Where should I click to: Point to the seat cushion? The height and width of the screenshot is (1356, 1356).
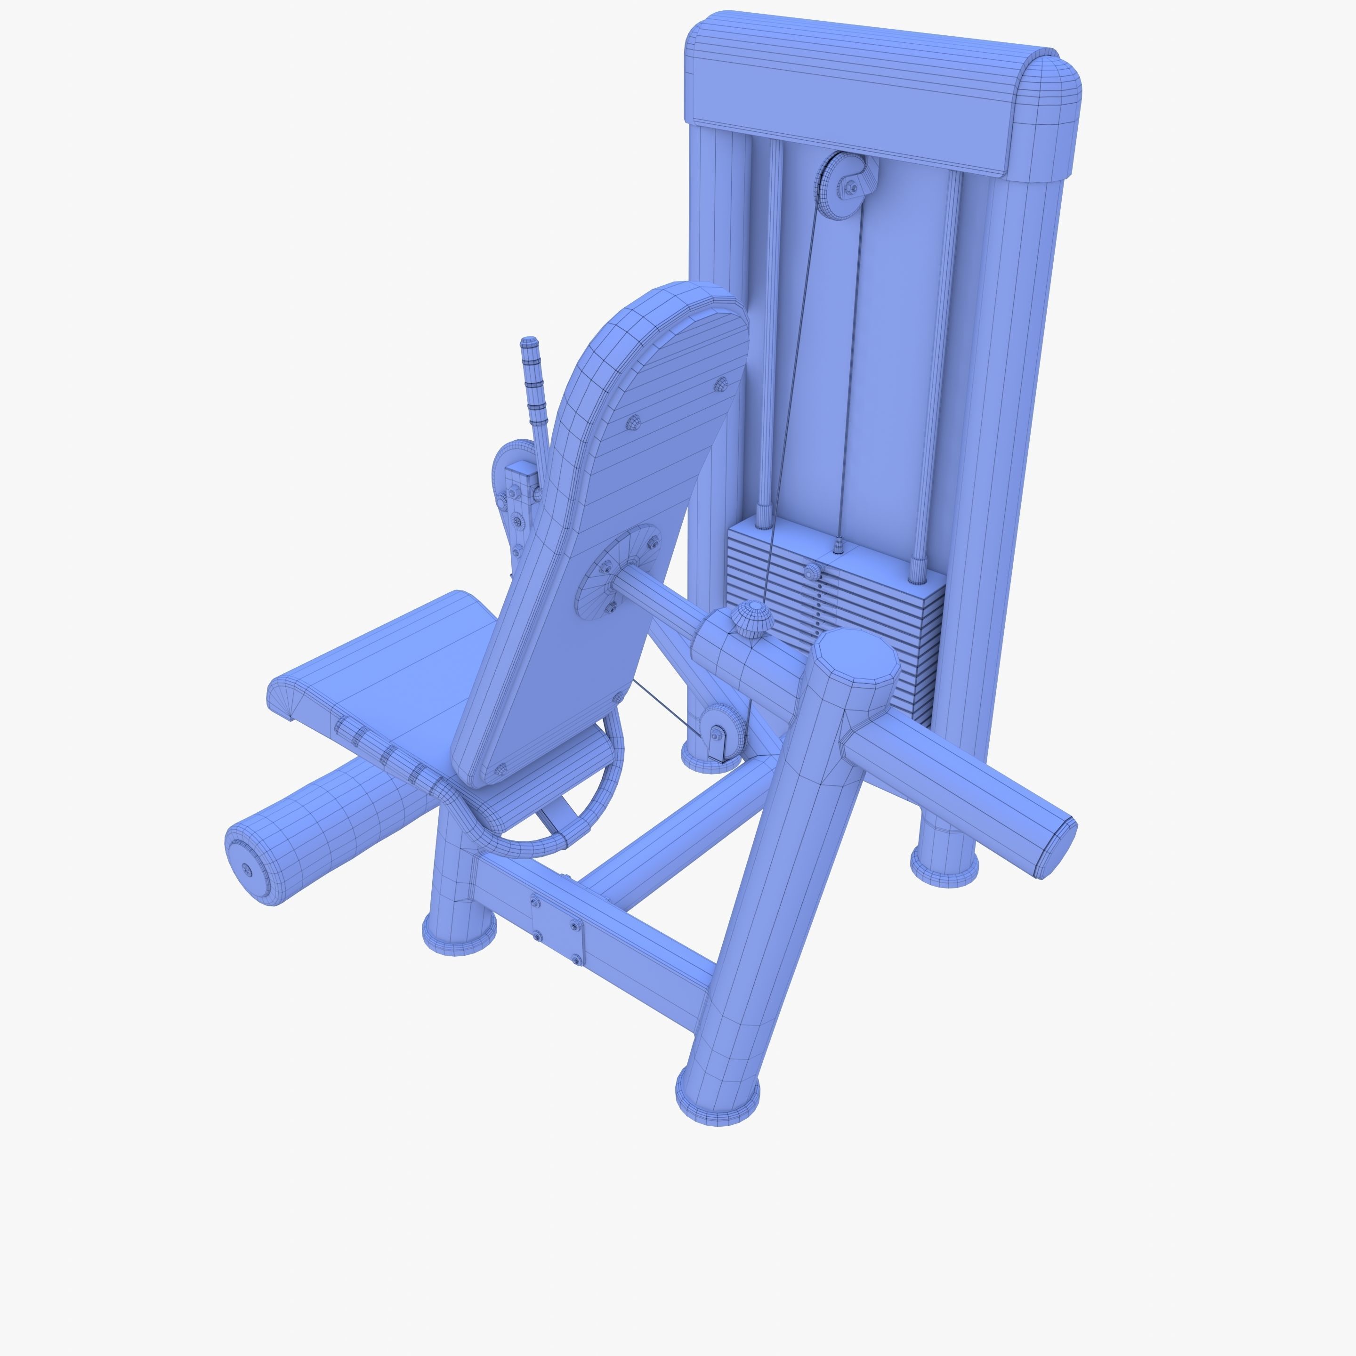[393, 674]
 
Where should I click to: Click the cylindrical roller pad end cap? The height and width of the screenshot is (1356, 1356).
[247, 869]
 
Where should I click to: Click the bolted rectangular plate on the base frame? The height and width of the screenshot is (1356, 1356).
[557, 930]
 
